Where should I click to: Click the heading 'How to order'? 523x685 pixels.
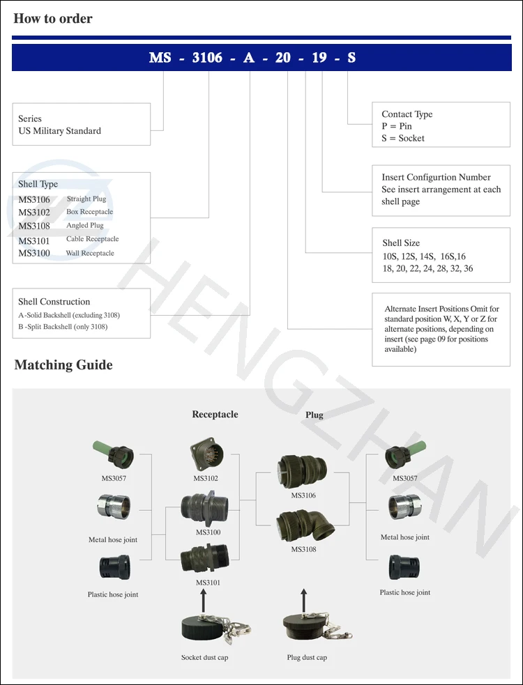53,19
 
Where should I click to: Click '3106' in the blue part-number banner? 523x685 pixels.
206,57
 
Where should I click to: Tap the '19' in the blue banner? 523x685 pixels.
319,57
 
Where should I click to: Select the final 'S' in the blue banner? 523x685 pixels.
351,57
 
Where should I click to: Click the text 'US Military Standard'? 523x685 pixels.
59,131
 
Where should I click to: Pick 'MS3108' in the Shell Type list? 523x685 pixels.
34,226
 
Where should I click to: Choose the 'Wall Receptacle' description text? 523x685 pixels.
90,253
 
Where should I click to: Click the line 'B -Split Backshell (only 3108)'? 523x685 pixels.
63,326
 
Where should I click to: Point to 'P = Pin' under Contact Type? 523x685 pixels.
397,126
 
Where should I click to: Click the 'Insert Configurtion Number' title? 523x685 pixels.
436,177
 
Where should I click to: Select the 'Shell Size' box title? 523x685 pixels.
401,243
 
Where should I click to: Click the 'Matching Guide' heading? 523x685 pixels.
63,364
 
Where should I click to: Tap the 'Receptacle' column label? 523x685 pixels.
215,415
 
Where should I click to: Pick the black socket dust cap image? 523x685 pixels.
203,630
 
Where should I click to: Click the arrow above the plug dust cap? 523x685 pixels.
303,598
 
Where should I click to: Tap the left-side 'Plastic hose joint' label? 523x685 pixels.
113,594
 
